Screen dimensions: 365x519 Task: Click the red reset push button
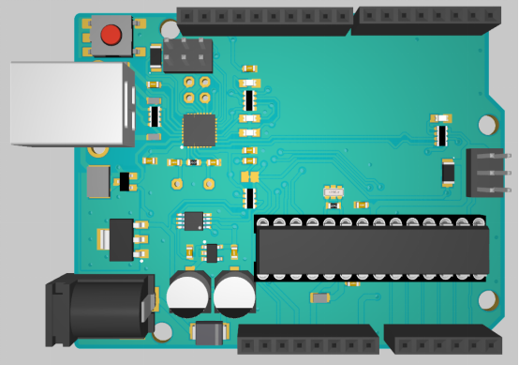pos(111,37)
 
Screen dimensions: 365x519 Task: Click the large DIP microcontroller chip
pos(373,250)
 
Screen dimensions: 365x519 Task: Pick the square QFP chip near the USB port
pos(199,129)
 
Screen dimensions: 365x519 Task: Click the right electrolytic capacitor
pos(234,294)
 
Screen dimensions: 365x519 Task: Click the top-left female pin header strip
pos(264,17)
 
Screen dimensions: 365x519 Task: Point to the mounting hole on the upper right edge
pos(487,124)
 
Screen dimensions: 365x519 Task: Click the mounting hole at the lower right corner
pos(487,301)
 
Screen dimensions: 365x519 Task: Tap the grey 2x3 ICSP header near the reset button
pos(187,55)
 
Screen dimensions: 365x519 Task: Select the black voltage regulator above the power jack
pos(122,239)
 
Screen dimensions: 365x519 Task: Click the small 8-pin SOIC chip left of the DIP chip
pos(193,221)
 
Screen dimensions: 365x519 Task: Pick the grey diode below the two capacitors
pos(209,331)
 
